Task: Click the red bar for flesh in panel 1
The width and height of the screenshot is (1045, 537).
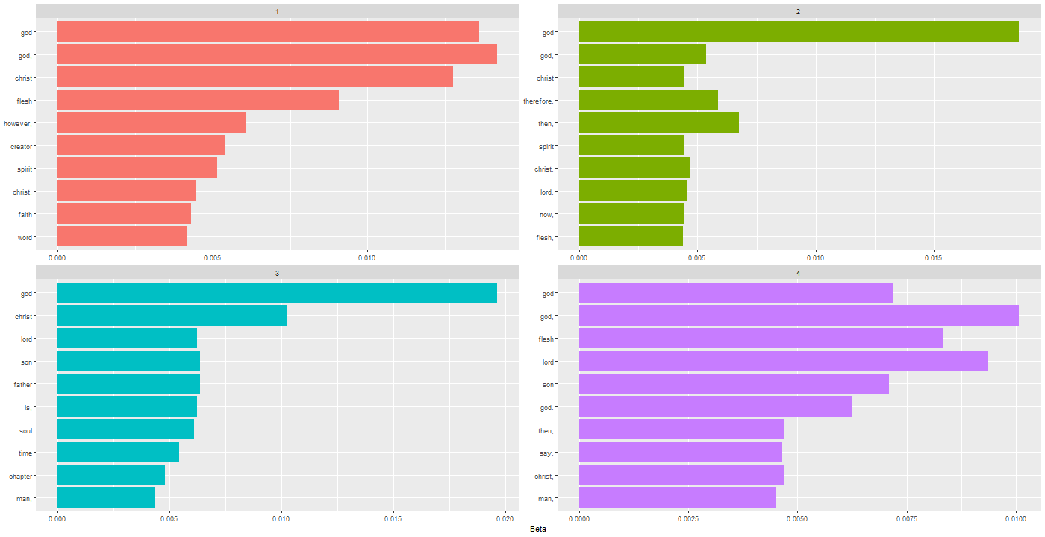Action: coord(198,100)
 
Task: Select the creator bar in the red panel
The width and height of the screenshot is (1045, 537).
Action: coord(140,145)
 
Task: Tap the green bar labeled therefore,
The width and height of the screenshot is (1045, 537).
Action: coord(648,100)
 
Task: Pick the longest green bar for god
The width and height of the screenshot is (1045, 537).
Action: coord(799,32)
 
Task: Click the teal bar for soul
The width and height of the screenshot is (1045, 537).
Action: coord(125,430)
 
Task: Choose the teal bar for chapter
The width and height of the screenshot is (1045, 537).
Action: coord(110,475)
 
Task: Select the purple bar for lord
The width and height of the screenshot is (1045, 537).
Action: coord(783,362)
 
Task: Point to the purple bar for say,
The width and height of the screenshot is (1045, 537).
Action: coord(680,453)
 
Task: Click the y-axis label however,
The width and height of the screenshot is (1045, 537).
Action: coord(18,123)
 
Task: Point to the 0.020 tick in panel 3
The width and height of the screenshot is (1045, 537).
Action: coord(505,517)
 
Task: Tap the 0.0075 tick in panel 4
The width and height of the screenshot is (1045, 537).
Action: coord(907,517)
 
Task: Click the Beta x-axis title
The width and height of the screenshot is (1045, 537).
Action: coord(537,529)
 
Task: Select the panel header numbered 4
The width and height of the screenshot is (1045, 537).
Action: coord(799,273)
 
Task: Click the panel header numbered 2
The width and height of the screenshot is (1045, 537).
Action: coord(799,11)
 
